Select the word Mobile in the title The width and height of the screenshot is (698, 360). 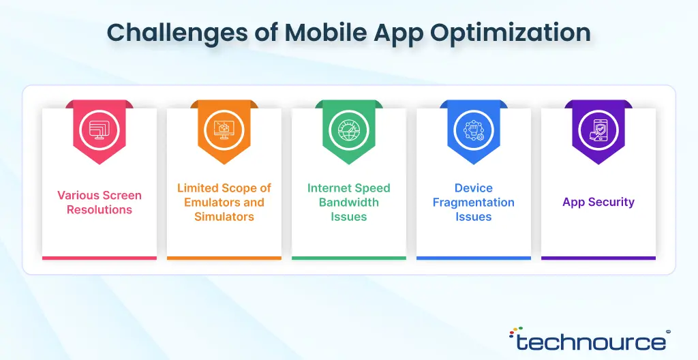click(x=325, y=32)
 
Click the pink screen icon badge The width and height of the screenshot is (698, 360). click(x=100, y=130)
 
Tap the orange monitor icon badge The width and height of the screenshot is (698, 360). click(x=224, y=130)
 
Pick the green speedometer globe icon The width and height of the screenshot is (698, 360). click(x=348, y=130)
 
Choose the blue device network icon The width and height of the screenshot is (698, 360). click(x=474, y=130)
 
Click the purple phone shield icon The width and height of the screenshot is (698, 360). click(x=598, y=130)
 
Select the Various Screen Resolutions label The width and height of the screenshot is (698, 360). click(x=100, y=202)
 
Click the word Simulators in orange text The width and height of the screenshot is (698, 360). click(x=224, y=217)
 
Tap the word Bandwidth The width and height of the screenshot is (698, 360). click(x=348, y=202)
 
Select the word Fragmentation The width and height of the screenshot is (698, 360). click(x=474, y=202)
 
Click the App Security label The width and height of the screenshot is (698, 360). click(x=598, y=202)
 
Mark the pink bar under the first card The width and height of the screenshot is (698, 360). click(x=100, y=258)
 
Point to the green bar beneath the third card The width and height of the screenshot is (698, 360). click(x=348, y=258)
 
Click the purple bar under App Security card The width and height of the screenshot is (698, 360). click(x=598, y=258)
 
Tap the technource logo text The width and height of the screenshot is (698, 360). click(x=591, y=342)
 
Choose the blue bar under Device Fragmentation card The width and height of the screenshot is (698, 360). click(x=474, y=258)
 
